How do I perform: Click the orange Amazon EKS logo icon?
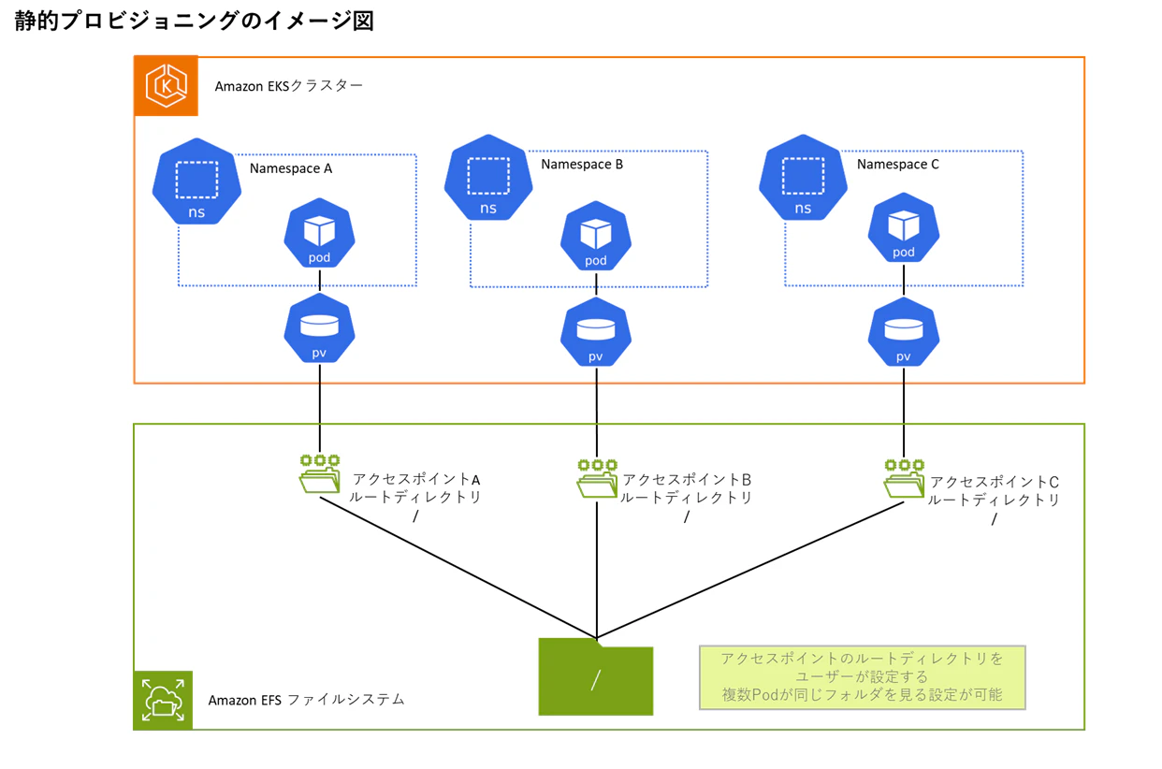point(166,85)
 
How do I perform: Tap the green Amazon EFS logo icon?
point(163,700)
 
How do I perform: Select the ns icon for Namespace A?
point(196,181)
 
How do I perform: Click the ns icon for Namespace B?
point(488,178)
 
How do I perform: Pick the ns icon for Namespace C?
point(803,178)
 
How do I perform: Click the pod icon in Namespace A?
point(320,233)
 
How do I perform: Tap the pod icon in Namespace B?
point(596,236)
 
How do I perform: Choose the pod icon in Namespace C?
point(904,227)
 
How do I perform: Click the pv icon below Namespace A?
point(320,328)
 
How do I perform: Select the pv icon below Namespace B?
point(596,332)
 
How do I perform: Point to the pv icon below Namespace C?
point(904,332)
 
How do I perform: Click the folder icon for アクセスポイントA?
point(320,474)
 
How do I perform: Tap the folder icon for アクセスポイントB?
point(597,479)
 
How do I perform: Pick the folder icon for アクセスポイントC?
point(904,479)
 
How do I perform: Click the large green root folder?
point(596,676)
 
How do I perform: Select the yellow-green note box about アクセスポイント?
point(863,677)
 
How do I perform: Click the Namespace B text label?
point(582,165)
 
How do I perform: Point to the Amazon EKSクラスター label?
point(289,85)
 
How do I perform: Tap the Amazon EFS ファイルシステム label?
point(306,700)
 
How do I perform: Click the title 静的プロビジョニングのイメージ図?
point(194,22)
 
